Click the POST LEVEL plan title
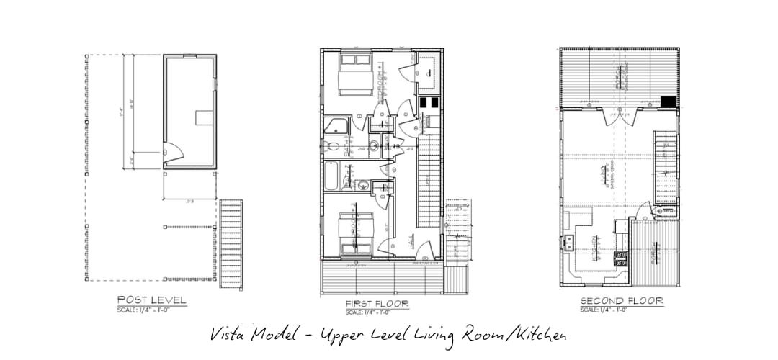152,300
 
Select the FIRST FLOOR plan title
377,304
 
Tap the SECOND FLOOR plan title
622,300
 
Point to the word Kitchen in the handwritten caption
536,336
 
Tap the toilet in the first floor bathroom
333,146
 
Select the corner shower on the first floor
336,125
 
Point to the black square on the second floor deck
669,102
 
